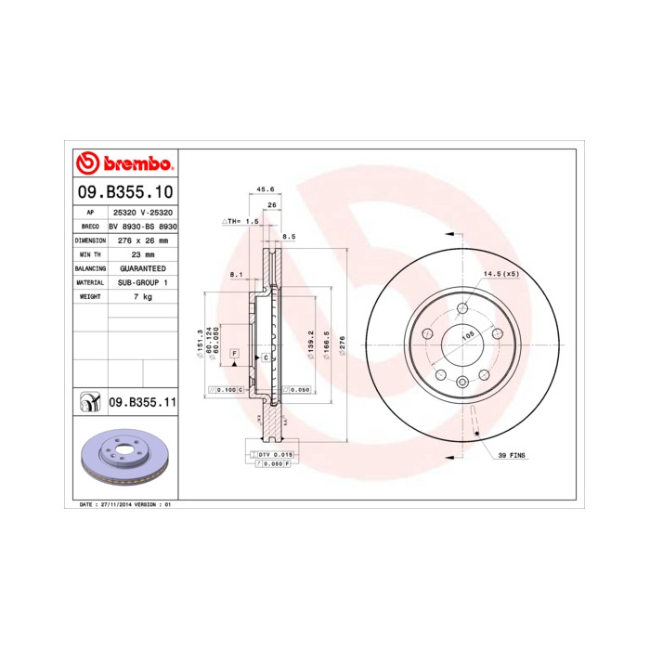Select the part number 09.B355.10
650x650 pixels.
coord(123,193)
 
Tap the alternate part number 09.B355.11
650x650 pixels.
coord(142,402)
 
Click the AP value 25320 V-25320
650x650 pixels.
coord(142,212)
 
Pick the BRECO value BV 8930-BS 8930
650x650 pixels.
coord(142,226)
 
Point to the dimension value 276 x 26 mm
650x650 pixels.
coord(142,240)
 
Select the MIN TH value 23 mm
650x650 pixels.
coord(142,253)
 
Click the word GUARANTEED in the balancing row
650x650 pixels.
coord(142,267)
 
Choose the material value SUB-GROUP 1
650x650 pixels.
coord(142,281)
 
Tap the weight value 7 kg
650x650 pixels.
coord(142,295)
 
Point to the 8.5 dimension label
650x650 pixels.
coord(289,238)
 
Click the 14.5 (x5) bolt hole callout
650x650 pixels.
coord(500,274)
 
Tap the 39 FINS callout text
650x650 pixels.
coord(513,457)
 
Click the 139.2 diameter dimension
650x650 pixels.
coord(312,344)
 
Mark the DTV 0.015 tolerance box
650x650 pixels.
coord(276,454)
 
